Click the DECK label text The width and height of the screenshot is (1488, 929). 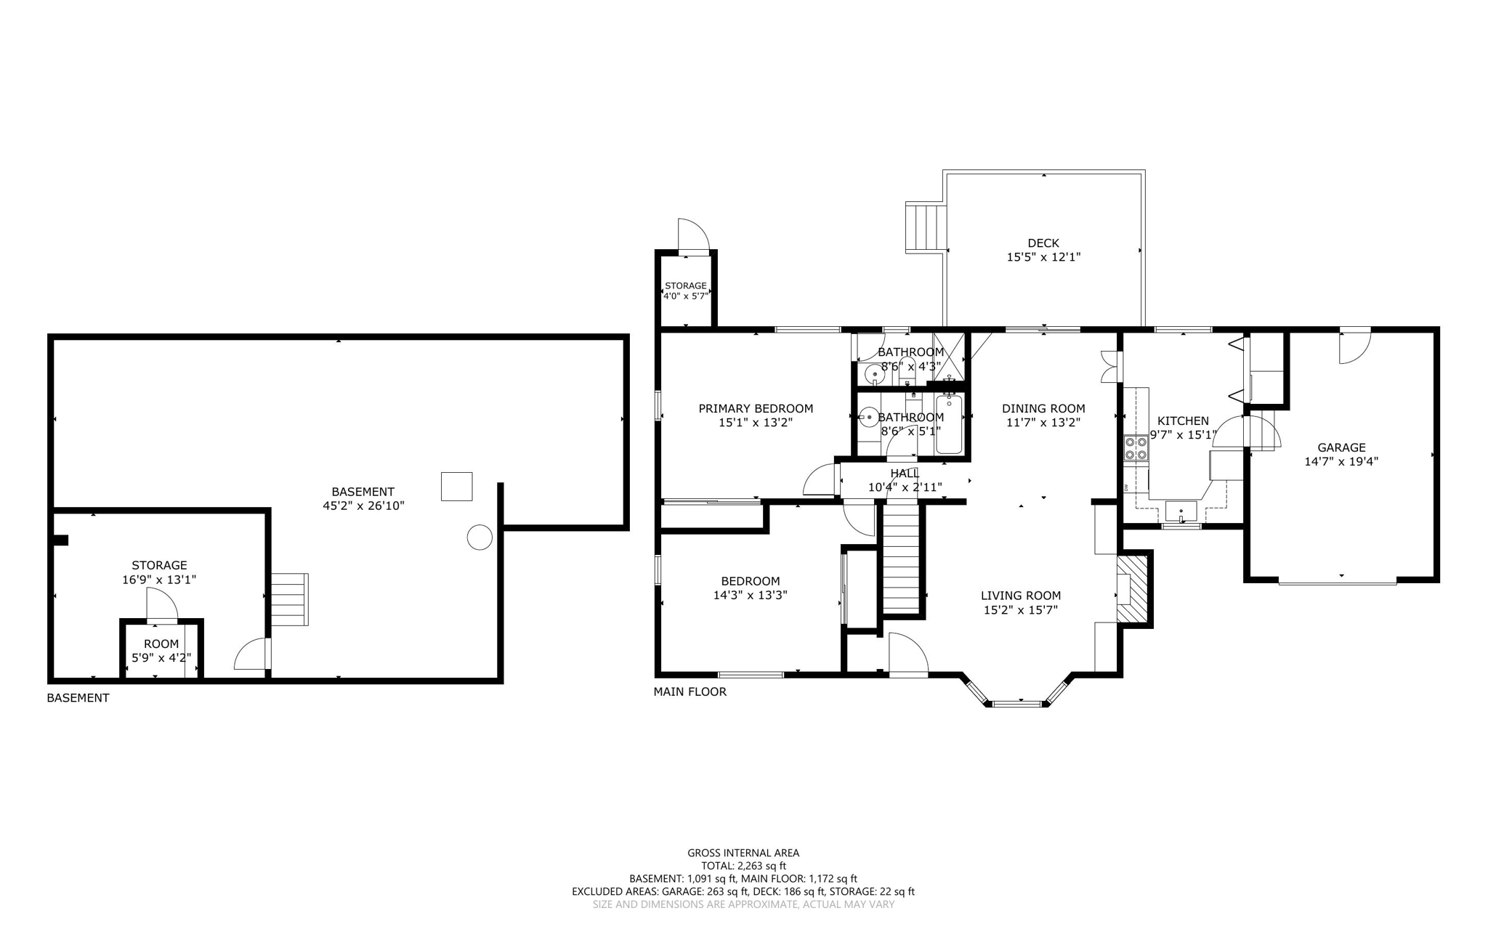[1043, 243]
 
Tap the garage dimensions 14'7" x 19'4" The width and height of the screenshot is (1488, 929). [1341, 461]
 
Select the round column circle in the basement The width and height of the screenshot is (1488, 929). [479, 537]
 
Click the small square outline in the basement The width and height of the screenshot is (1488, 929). [456, 486]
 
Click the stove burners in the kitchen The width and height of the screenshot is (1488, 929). [1136, 448]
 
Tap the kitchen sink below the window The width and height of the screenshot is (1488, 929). [1181, 511]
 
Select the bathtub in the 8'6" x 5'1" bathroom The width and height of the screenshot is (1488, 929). [949, 424]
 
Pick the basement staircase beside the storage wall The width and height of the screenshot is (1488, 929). [290, 599]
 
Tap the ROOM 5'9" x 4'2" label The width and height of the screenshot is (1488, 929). [161, 651]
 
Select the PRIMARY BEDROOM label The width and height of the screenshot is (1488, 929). [756, 409]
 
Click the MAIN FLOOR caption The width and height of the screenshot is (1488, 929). [690, 691]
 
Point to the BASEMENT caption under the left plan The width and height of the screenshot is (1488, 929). [78, 698]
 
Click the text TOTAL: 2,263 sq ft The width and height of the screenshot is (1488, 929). [743, 866]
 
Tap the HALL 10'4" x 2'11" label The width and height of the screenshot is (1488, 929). [905, 480]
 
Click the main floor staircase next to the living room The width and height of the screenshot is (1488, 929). [902, 559]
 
